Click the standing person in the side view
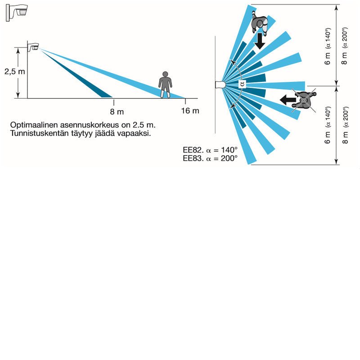[165, 84]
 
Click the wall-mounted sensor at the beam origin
[34, 46]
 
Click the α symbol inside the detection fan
[241, 84]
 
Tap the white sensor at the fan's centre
[220, 85]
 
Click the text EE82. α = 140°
[210, 150]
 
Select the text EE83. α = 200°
[210, 158]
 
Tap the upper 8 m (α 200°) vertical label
[345, 45]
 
